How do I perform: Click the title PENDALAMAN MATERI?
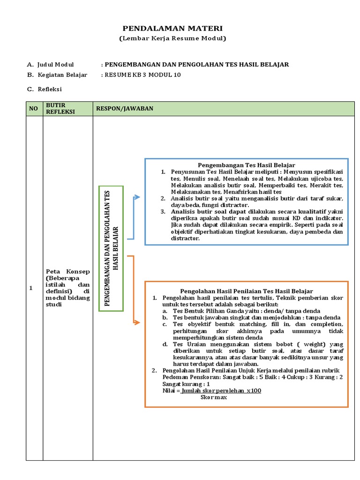point(172,29)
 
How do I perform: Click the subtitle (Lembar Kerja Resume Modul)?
point(172,38)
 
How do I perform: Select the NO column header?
point(33,109)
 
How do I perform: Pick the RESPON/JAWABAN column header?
point(125,109)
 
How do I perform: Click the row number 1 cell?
point(31,288)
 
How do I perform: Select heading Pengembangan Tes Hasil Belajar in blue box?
point(246,165)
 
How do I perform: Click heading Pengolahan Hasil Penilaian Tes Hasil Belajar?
point(247,291)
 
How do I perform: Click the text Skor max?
point(213,397)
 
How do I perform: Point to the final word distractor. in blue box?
point(186,238)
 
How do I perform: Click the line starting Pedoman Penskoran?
point(252,377)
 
